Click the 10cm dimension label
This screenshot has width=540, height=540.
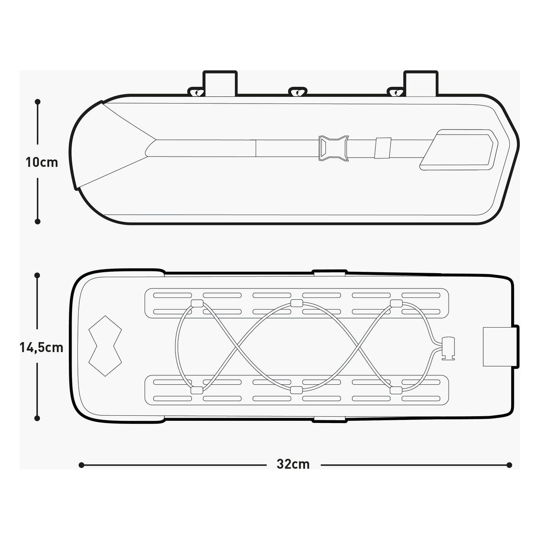click(42, 162)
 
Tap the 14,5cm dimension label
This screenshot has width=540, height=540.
click(41, 348)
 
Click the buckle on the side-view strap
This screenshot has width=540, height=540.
click(333, 148)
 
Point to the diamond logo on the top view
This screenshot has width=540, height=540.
click(105, 346)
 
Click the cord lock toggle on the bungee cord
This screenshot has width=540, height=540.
click(448, 348)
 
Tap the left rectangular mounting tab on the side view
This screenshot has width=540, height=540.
click(220, 83)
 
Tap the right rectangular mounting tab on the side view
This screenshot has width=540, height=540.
click(421, 83)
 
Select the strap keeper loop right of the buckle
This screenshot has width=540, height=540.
click(383, 148)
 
